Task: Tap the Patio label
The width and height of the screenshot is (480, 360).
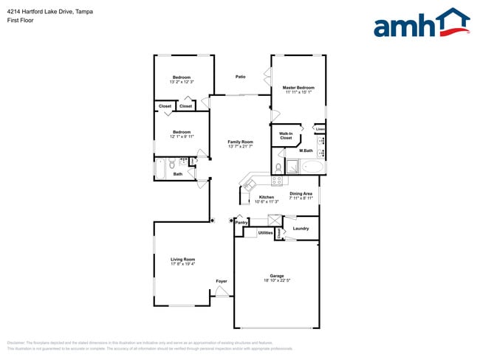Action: point(240,77)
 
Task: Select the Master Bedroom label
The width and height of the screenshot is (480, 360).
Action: point(298,88)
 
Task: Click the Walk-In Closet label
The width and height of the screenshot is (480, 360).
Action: point(286,136)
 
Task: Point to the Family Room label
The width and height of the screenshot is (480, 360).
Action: point(240,142)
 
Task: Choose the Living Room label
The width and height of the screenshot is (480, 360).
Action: point(182,259)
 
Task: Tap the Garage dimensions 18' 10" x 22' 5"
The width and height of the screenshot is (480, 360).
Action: point(277,280)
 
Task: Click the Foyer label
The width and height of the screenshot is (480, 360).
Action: point(221,281)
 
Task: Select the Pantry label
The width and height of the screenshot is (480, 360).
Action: point(241,221)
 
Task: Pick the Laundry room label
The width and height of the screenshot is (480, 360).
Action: point(301,229)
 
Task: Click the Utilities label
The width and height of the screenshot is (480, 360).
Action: point(265,232)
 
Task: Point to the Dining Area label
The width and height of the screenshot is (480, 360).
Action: point(301,193)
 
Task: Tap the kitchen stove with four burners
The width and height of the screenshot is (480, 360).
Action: point(278,180)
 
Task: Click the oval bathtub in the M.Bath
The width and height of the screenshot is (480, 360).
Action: point(312,167)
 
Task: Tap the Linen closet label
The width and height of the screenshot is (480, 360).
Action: point(320,129)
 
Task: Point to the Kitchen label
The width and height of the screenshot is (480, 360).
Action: point(266,197)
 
